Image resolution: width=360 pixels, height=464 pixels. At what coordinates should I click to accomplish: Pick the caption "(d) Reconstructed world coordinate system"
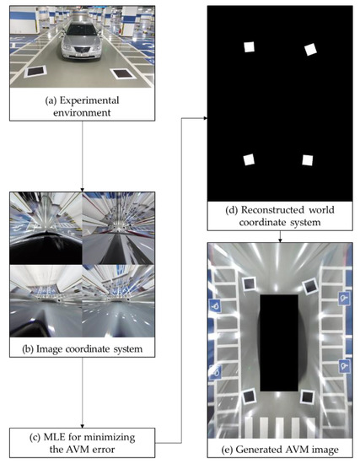(278, 217)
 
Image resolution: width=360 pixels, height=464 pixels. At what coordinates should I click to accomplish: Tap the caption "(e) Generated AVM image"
(278, 447)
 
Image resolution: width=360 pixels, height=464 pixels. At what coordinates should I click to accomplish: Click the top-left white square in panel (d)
(249, 47)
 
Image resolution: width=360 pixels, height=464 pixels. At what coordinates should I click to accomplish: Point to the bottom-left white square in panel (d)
(249, 159)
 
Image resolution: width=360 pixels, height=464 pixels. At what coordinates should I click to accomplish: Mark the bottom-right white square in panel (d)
(308, 160)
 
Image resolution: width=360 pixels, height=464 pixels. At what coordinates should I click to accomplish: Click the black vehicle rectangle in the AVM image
(278, 342)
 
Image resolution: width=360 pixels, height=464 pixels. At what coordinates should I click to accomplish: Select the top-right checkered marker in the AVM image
(309, 287)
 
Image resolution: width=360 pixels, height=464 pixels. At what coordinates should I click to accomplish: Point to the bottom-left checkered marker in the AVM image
(249, 397)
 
